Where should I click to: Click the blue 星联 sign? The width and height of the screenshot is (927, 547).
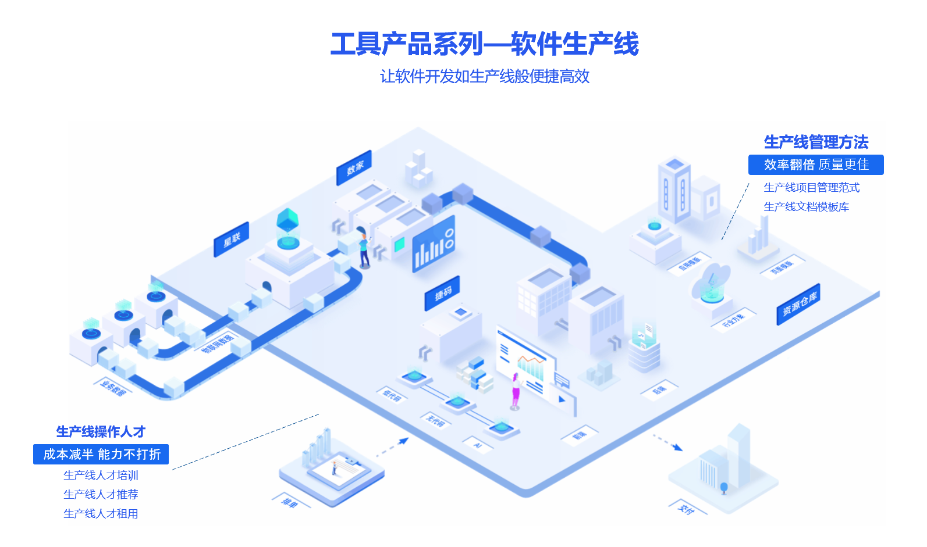point(232,239)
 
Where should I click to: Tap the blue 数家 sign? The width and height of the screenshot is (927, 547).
point(354,168)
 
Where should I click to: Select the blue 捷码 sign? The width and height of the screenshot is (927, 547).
point(442,293)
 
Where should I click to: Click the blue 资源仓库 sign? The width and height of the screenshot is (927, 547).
point(798,304)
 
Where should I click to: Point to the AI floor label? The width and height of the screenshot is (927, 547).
point(478,445)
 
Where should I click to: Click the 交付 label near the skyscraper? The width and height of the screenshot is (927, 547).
point(687,509)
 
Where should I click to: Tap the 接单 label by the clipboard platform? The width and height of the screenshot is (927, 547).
point(289,502)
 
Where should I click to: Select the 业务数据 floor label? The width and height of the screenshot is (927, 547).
point(113,388)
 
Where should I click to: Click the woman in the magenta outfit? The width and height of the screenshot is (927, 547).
point(515,390)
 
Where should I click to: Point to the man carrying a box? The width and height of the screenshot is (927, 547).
point(364,251)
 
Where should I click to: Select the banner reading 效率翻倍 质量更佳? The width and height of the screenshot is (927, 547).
point(816,165)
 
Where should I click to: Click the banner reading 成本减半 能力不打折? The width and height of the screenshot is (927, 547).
point(101,454)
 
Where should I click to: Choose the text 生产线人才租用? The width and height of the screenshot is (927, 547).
point(101,514)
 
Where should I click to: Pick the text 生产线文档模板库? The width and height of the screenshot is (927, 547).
point(806,207)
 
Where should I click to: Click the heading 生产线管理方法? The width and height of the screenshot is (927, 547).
point(816,142)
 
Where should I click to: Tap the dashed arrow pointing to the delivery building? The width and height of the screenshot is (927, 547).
point(667,442)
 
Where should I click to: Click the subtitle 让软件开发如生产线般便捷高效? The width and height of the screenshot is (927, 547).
point(484,77)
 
